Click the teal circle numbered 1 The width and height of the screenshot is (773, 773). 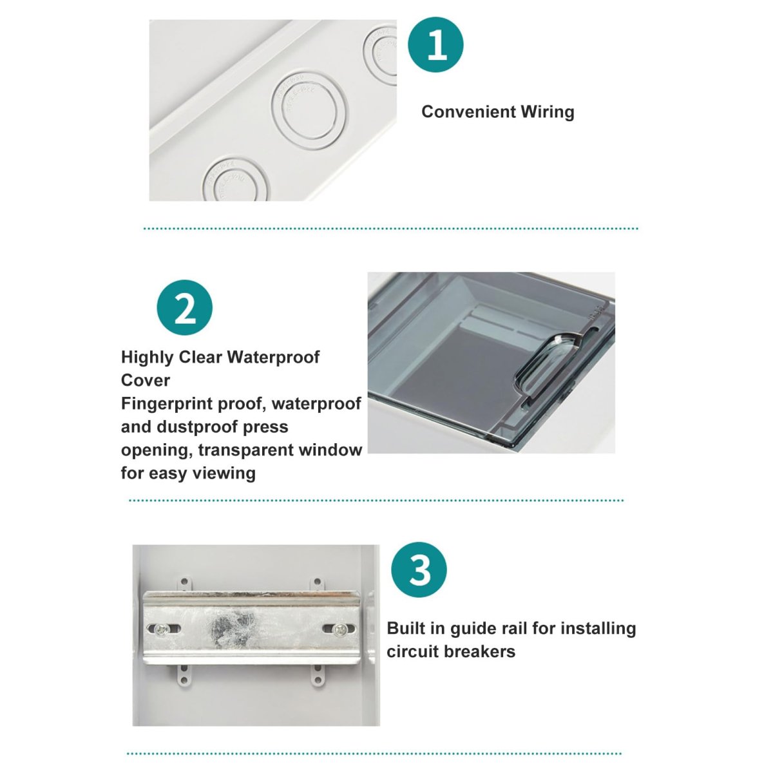(435, 44)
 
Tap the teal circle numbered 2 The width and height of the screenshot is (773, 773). (184, 308)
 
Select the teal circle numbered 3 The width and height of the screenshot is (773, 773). (419, 569)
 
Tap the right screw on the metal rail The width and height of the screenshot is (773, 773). (339, 629)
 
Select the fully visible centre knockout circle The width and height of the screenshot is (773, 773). (309, 110)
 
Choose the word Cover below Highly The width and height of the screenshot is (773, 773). (146, 381)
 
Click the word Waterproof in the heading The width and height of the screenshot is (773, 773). (273, 358)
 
